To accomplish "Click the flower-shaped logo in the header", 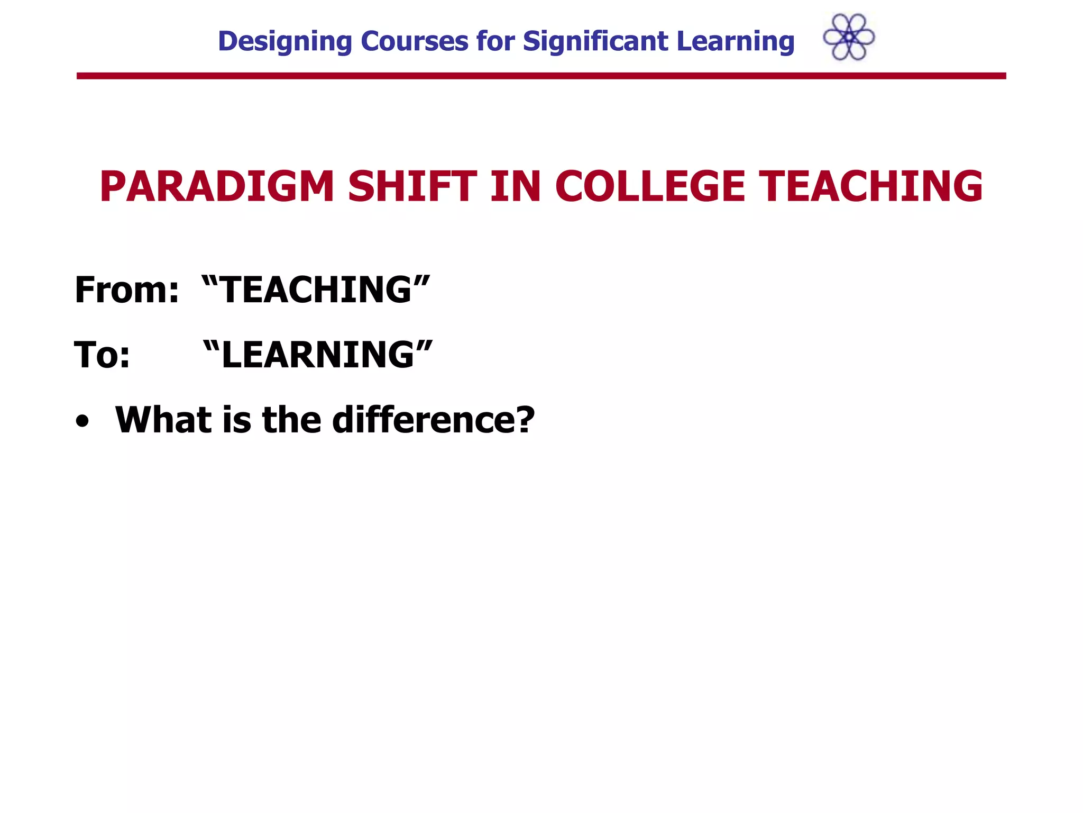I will click(849, 37).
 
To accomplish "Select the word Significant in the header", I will click(595, 42).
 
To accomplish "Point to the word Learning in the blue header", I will click(735, 42).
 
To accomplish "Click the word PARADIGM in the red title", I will click(217, 186).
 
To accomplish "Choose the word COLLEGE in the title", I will click(650, 186).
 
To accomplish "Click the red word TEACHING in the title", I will click(871, 186).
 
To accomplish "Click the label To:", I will click(102, 355).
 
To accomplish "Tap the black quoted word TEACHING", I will click(316, 290).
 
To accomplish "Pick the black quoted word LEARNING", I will click(318, 355).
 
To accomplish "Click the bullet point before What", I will click(82, 421).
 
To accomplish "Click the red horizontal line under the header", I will click(541, 76).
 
